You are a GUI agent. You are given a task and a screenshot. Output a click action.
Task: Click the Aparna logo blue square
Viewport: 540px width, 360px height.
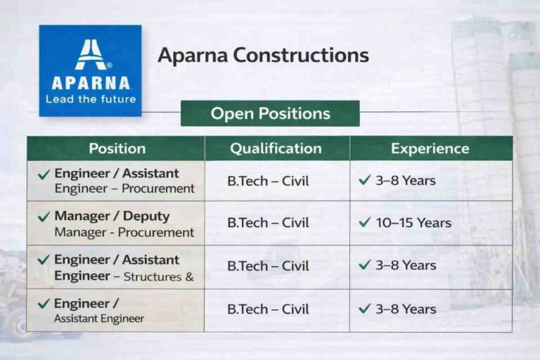[x=90, y=70]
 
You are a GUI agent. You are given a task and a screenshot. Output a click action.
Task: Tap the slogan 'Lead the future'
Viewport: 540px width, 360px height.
[x=90, y=99]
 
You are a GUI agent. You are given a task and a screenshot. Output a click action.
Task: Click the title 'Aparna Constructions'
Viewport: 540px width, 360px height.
[x=263, y=56]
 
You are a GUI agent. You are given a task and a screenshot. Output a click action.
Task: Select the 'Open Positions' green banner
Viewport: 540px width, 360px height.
[x=270, y=113]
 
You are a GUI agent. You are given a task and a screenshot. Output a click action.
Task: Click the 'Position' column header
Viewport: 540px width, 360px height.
[x=117, y=148]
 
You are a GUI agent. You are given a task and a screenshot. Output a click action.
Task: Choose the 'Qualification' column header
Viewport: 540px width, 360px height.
[x=276, y=148]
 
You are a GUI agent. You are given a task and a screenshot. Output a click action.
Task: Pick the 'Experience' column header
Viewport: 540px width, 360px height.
[x=430, y=148]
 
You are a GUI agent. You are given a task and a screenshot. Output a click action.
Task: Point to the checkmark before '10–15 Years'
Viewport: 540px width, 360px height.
[x=364, y=222]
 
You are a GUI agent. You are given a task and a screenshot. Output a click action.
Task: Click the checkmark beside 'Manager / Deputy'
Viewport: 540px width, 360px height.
[x=44, y=217]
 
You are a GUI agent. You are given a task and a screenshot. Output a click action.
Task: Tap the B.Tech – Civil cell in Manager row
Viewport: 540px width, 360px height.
[x=268, y=223]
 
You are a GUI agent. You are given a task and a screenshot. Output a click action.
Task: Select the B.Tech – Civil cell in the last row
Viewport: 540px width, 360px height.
[x=268, y=309]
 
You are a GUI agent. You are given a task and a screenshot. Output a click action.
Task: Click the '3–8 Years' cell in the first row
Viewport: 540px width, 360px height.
[x=404, y=181]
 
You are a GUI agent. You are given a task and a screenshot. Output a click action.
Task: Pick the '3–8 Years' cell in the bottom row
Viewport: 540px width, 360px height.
[x=404, y=309]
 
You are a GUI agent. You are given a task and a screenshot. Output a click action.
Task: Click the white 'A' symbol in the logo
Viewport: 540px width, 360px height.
[x=90, y=54]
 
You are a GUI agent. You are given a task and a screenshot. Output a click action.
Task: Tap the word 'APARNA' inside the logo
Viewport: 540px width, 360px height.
[x=90, y=82]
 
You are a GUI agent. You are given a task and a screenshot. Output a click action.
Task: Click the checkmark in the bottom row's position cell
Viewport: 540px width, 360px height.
[x=44, y=304]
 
